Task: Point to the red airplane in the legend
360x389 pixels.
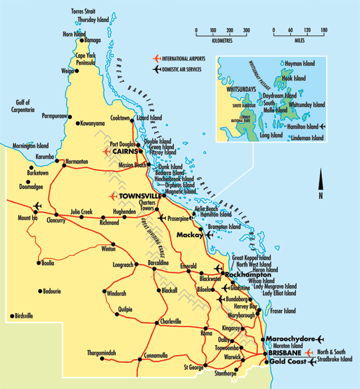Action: [x=157, y=59]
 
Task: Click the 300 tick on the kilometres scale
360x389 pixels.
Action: [x=247, y=31]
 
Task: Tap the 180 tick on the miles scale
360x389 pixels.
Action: [x=324, y=31]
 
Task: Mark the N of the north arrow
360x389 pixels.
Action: [x=320, y=196]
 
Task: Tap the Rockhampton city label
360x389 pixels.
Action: [x=248, y=274]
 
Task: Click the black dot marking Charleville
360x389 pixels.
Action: [x=158, y=322]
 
